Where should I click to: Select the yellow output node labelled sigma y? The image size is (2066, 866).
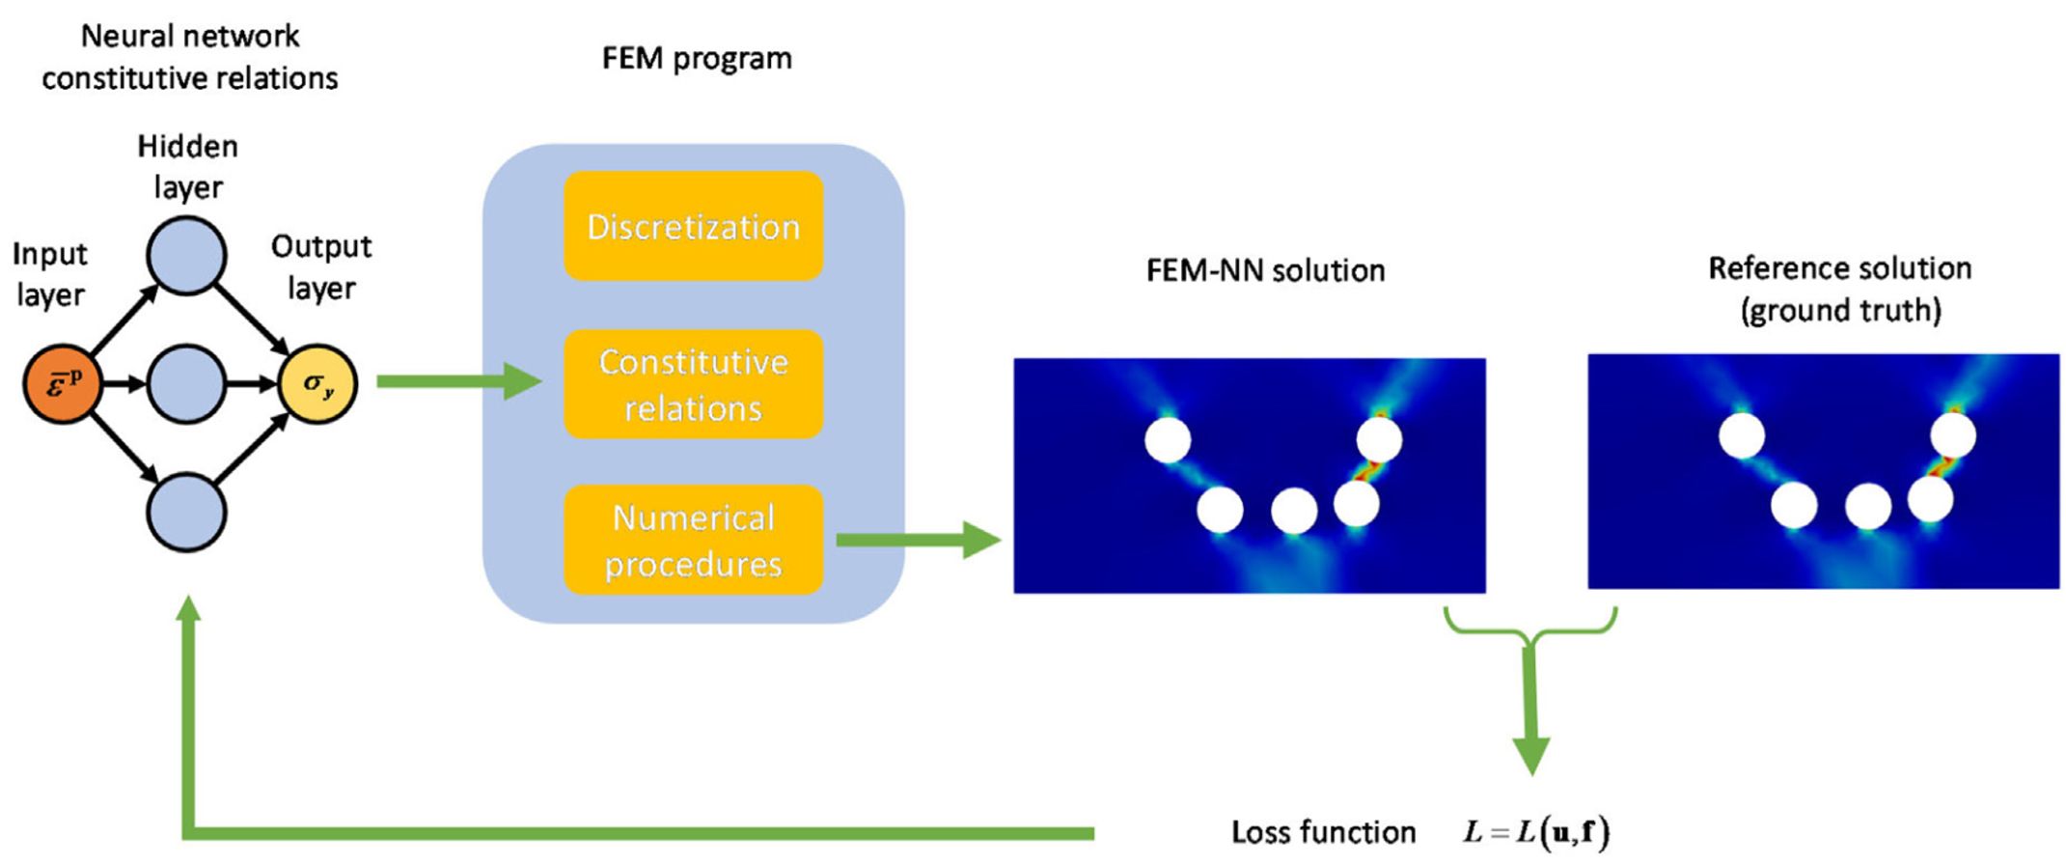coord(317,383)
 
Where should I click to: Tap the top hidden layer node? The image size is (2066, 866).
coord(186,256)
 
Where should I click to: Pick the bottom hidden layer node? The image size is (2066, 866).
coord(186,512)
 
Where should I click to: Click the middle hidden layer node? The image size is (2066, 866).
coord(186,383)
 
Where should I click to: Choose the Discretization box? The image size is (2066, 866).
coord(693,226)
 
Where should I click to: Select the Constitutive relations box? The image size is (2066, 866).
coord(693,384)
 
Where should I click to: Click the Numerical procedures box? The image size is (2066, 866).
coord(693,540)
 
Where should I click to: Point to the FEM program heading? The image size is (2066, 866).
coord(697,58)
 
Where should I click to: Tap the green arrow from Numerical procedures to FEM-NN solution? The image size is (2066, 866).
coord(917,540)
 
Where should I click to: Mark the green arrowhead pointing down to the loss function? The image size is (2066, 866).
coord(1530,753)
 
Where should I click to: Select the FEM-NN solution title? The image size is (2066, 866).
coord(1265,270)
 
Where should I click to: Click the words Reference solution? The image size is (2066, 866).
coord(1839,267)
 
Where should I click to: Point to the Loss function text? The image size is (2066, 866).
coord(1323,832)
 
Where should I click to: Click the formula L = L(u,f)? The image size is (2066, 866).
coord(1536,832)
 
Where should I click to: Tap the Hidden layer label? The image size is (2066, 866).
coord(187,166)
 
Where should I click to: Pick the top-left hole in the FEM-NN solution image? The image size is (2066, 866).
coord(1168,440)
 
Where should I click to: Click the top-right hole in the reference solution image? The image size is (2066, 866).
coord(1952,435)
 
